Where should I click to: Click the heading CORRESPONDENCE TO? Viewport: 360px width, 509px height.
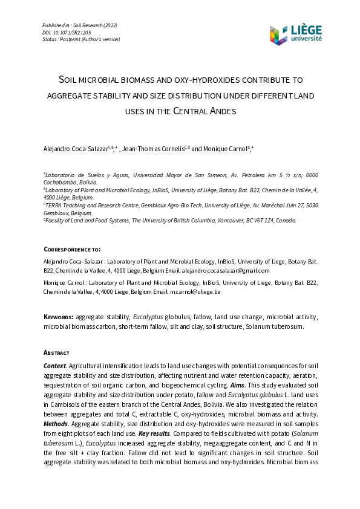72,249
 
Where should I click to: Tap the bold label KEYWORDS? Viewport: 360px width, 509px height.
59,317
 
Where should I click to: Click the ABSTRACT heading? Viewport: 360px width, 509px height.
56,352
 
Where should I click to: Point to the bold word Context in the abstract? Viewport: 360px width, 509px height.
54,366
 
